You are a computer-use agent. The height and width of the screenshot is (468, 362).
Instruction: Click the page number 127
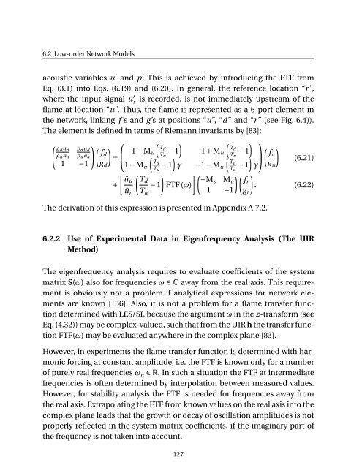(181, 453)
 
